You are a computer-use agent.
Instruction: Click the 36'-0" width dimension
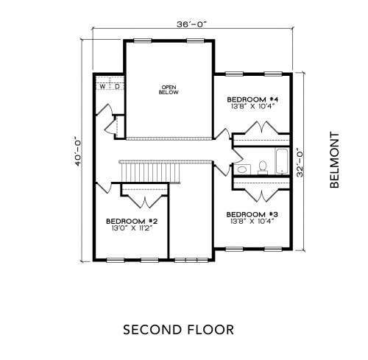[x=192, y=25]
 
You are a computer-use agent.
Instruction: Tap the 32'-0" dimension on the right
[x=300, y=162]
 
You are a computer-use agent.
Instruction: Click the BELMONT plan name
[x=334, y=160]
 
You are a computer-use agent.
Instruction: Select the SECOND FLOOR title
[x=178, y=330]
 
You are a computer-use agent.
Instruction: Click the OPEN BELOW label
[x=169, y=90]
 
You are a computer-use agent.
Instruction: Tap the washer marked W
[x=102, y=86]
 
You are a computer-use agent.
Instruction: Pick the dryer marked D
[x=117, y=86]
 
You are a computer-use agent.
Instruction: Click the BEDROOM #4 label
[x=252, y=99]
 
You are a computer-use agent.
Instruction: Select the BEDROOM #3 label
[x=252, y=214]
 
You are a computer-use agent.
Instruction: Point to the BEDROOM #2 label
[x=132, y=221]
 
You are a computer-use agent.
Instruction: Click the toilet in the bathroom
[x=263, y=167]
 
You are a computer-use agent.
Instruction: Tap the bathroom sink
[x=242, y=169]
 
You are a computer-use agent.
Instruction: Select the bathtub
[x=283, y=160]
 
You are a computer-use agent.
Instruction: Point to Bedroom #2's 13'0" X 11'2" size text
[x=132, y=228]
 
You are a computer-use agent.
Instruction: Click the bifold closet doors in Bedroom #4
[x=261, y=127]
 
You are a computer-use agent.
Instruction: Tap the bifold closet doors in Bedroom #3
[x=261, y=196]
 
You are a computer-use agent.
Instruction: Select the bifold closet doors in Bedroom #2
[x=145, y=202]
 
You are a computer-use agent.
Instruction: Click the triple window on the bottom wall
[x=191, y=260]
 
